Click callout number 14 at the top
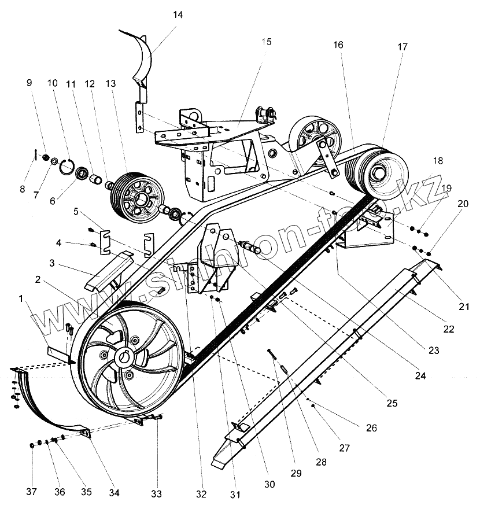(178, 15)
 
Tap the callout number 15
(266, 42)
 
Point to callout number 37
(31, 492)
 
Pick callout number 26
(371, 429)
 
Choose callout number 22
(449, 329)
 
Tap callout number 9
(29, 83)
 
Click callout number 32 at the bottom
(201, 494)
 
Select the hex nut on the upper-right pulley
(379, 172)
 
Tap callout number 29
(296, 473)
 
